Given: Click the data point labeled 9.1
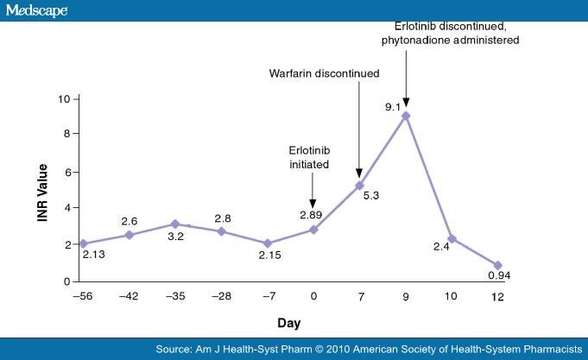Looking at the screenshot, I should point(406,115).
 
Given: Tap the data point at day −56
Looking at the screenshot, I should point(83,243).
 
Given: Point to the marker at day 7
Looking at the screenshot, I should point(360,185).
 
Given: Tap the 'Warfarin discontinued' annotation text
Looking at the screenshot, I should point(323,73).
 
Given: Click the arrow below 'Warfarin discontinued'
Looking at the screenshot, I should point(359,129).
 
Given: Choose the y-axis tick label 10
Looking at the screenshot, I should point(63,98).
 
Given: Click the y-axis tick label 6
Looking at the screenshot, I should point(66,171).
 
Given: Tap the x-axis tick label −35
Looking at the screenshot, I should point(174,296).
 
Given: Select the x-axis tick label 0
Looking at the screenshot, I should point(313,296).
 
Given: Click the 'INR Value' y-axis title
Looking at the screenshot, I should point(41,189).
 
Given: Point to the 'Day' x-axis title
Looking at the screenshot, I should point(289,322).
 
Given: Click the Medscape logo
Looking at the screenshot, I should point(36,10).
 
